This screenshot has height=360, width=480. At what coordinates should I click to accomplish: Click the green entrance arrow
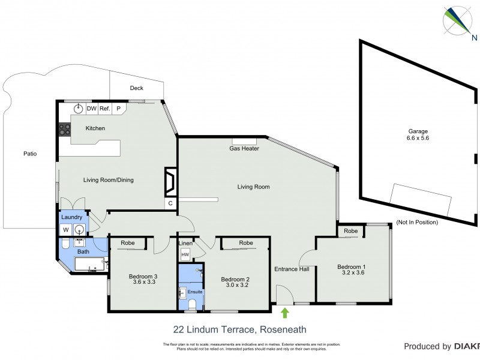click(285, 312)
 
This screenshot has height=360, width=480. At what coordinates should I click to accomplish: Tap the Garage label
click(418, 131)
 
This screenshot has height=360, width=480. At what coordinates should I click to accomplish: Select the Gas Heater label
click(244, 148)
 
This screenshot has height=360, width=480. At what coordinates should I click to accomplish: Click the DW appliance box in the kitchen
click(91, 109)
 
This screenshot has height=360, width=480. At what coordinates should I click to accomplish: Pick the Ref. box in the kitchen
click(104, 109)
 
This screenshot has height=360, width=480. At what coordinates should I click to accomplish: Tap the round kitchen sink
click(77, 109)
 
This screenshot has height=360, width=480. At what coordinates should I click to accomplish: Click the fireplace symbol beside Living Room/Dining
click(170, 181)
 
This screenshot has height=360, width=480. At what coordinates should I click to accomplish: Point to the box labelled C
click(170, 204)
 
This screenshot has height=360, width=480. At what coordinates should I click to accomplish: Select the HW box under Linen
click(185, 255)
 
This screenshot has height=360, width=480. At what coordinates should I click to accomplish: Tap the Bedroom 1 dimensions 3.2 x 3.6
click(351, 272)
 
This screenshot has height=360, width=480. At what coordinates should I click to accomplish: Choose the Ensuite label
click(196, 292)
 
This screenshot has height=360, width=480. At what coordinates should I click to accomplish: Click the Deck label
click(136, 88)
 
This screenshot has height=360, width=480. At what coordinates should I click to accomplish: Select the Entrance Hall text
click(292, 269)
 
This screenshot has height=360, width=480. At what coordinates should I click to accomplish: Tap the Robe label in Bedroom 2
click(245, 243)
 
